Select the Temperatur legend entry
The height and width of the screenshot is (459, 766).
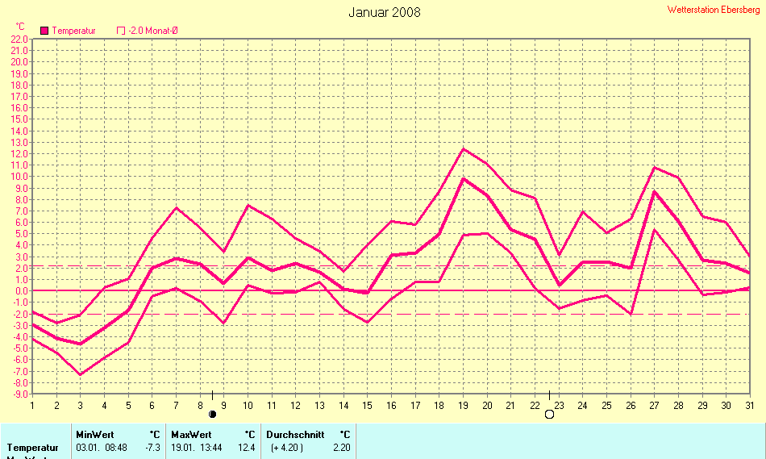coord(69,31)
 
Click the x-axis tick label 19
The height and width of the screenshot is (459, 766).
coord(463,404)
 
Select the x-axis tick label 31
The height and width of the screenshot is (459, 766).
coord(749,404)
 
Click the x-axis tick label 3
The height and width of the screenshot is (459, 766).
coord(80,404)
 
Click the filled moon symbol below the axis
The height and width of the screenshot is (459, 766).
coord(213,414)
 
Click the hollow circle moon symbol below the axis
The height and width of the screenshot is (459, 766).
coord(549,415)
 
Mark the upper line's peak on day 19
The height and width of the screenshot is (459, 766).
coord(463,148)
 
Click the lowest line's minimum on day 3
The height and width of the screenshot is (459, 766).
coord(80,374)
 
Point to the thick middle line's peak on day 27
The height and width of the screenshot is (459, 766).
coord(654,191)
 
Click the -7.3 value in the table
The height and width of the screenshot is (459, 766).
coord(152,448)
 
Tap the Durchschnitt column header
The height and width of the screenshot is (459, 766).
coord(295,434)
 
